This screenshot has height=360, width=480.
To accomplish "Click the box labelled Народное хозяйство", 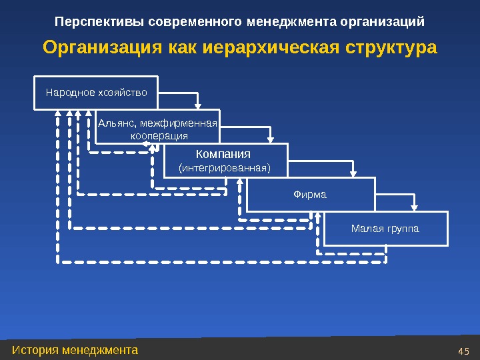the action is pos(96,93).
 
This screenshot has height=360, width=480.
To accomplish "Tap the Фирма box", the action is pos(310,195).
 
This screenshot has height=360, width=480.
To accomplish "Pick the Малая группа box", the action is pos(385,229).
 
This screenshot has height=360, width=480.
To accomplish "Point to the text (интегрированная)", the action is pos(225,168).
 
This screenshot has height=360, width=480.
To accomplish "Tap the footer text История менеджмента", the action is pos(75,349).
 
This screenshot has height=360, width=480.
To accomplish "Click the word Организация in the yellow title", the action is pos(103,48).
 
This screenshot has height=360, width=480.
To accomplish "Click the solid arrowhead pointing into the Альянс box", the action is pos(198,103).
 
